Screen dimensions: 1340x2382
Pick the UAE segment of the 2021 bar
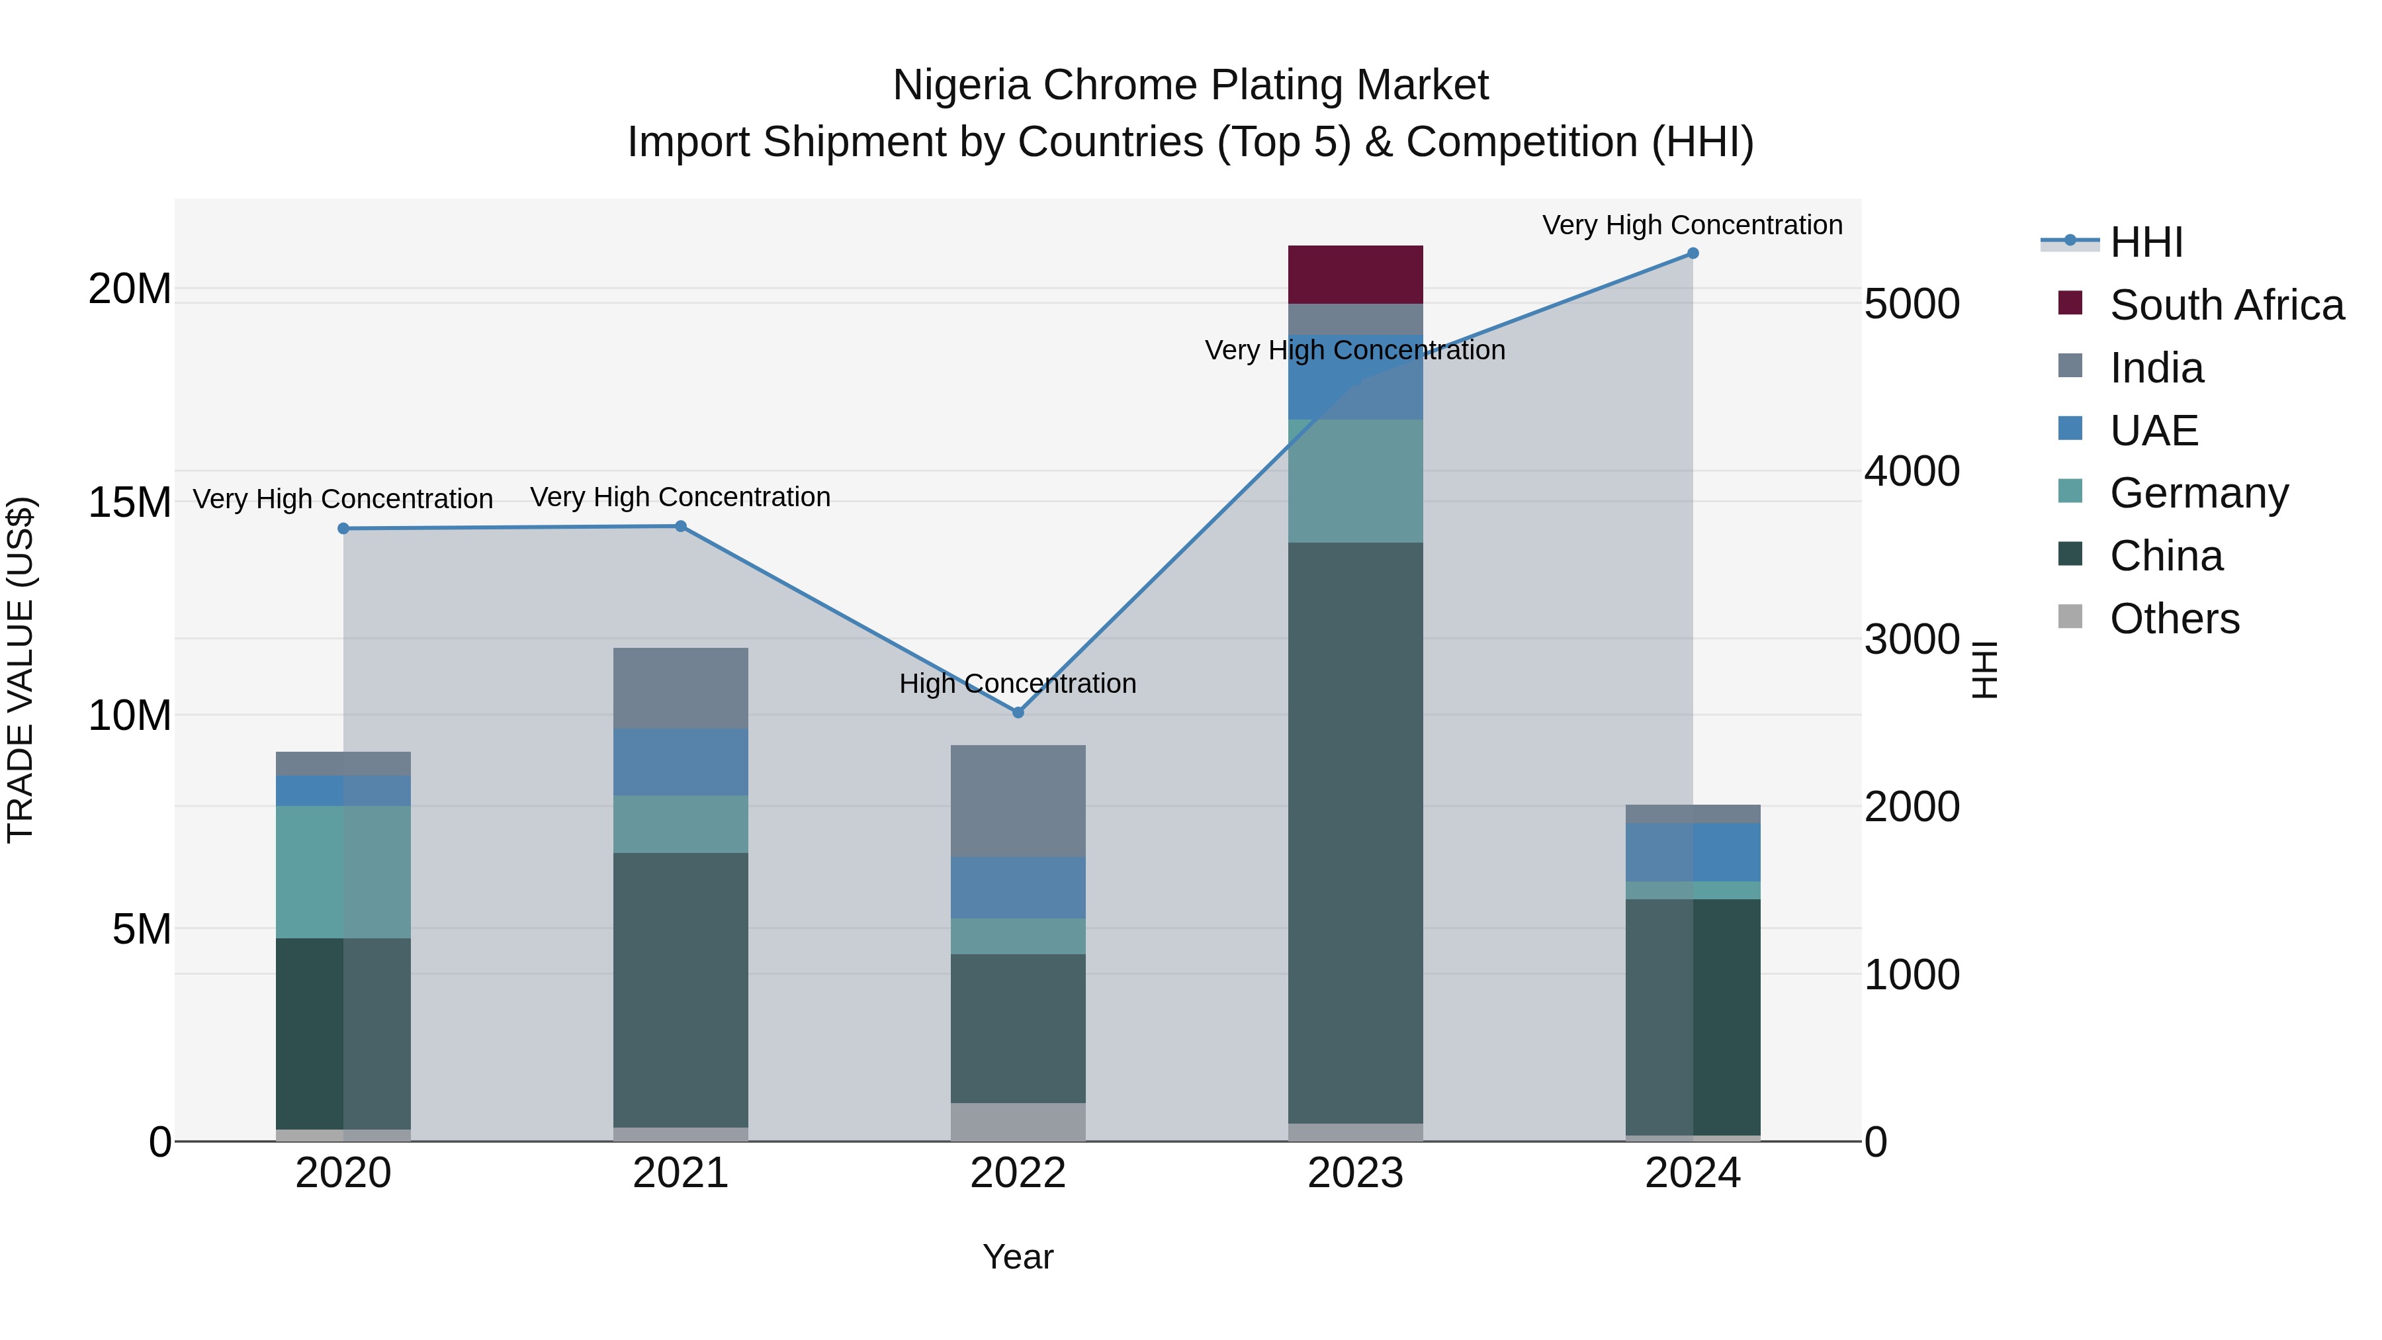(681, 762)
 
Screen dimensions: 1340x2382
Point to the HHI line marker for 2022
(1018, 712)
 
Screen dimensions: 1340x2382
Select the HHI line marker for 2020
(343, 529)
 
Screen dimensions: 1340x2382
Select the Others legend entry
(2173, 619)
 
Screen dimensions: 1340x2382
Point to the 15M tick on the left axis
(130, 502)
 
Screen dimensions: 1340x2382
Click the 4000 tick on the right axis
(1910, 472)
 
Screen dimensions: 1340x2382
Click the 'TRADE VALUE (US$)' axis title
(21, 670)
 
